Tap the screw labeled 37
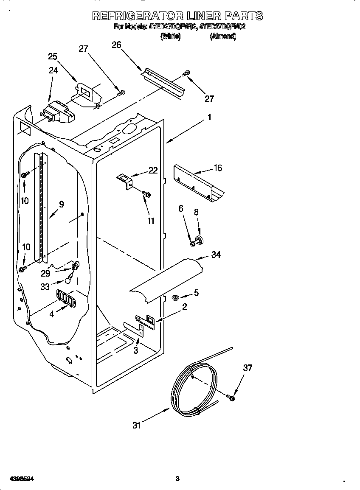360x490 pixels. click(x=231, y=398)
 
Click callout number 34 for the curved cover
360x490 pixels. click(x=216, y=255)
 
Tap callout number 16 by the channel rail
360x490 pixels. click(x=217, y=168)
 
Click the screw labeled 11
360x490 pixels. click(x=147, y=195)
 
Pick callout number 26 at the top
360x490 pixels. click(x=116, y=45)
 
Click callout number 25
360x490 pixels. click(x=53, y=56)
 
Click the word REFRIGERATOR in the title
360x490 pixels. click(x=137, y=16)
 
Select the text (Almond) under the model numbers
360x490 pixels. click(x=223, y=36)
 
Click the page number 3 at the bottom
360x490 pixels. click(x=177, y=479)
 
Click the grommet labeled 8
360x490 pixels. click(x=200, y=240)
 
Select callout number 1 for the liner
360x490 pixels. click(x=209, y=117)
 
